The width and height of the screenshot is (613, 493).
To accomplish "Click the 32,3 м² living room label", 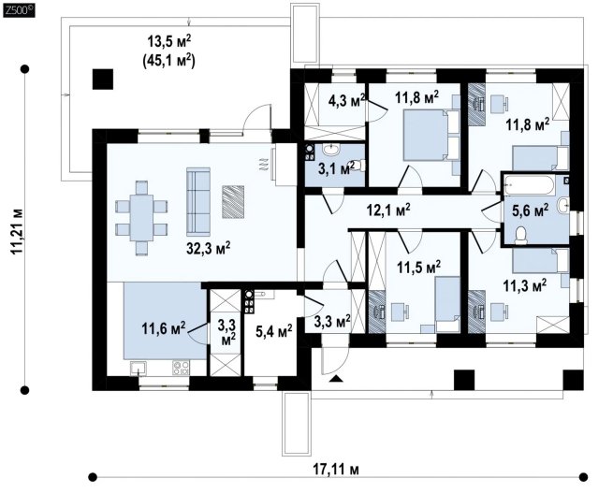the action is [x=208, y=248].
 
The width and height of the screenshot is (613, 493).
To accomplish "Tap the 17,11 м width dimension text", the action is [x=336, y=469].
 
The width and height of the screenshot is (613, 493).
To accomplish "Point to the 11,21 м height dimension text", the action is [x=17, y=232].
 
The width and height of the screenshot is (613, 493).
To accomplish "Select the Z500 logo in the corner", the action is [x=19, y=11].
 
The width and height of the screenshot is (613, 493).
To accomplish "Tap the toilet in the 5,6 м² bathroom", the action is [x=520, y=236].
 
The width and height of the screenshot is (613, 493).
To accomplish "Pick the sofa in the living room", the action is [x=198, y=201].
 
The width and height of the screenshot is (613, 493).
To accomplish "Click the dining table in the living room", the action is [x=141, y=218].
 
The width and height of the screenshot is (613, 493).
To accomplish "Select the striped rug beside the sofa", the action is [x=233, y=201].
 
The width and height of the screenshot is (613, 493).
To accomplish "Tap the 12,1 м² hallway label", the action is [x=388, y=210].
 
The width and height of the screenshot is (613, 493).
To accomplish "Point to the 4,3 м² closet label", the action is [x=347, y=101].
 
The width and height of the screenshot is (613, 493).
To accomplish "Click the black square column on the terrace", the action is [x=103, y=80].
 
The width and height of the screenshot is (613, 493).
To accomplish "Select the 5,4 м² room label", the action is [x=274, y=332].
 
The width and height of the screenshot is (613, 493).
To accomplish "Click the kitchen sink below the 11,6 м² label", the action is [x=139, y=369].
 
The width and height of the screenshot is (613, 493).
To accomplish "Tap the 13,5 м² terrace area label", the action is [x=169, y=41].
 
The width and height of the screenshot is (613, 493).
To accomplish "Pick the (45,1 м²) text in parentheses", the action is [x=169, y=61].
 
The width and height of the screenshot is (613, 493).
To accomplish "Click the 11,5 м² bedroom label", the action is [x=419, y=268].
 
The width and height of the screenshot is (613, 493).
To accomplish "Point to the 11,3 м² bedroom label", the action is [x=524, y=285].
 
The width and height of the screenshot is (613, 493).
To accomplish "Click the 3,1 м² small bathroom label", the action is [x=336, y=168].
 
